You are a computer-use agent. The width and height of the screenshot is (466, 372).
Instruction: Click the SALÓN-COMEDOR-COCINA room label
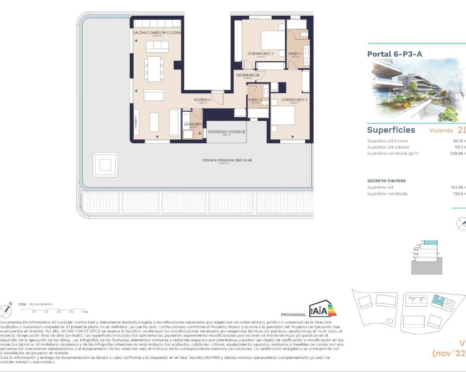point(157,33)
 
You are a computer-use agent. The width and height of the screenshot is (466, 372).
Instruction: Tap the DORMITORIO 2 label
point(260,54)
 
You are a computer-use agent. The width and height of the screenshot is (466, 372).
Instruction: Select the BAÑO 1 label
point(295,54)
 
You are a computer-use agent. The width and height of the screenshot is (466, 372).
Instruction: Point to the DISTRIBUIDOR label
point(248,75)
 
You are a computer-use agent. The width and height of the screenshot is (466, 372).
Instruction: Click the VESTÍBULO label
point(202,100)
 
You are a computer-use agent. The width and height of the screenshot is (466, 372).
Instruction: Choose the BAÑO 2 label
point(255,100)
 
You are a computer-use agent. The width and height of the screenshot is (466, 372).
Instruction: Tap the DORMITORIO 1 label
point(294,100)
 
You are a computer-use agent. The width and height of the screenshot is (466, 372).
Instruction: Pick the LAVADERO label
point(193,124)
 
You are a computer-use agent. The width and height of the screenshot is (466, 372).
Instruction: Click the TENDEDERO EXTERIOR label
point(226,132)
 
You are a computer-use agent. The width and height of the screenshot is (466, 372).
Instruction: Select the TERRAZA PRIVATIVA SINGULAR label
point(227,160)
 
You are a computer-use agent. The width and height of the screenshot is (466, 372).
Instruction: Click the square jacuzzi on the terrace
point(105,165)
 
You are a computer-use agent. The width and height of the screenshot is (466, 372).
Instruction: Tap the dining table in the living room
point(153,69)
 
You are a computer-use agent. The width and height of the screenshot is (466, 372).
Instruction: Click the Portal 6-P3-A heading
point(395,54)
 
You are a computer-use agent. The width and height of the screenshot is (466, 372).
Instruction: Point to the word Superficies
point(391,130)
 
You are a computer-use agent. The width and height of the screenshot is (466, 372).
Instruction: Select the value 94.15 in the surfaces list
point(458,141)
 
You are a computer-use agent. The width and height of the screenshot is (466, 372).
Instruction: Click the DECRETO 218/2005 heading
point(386,181)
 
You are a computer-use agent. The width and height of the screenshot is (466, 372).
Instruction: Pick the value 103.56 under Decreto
point(457,187)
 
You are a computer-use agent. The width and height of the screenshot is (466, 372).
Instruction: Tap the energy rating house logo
point(323,309)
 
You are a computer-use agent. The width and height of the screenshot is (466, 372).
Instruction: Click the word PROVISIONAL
point(293,315)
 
